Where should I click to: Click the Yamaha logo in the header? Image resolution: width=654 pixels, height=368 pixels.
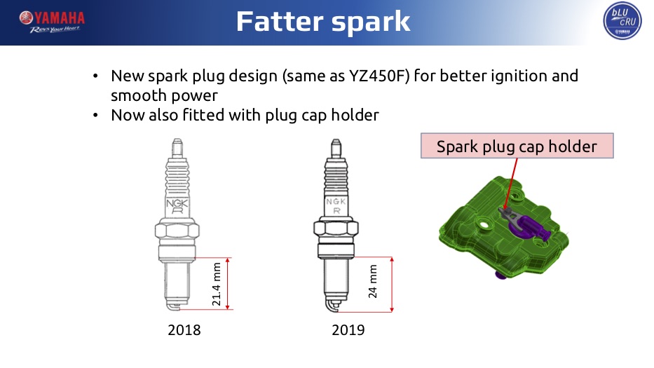52,22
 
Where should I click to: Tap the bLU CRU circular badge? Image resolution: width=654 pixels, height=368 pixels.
622,20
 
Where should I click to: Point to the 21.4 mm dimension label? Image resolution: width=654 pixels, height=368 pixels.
216,284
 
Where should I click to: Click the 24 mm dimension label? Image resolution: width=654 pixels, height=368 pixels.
372,281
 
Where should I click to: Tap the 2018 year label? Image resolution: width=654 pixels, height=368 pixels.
184,330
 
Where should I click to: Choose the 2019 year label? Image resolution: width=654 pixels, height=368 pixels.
348,330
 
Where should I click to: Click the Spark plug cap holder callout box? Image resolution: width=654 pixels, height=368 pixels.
517,146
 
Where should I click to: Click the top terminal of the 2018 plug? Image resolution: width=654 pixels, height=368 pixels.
177,148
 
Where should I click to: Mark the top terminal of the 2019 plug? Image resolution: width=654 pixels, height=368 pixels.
336,149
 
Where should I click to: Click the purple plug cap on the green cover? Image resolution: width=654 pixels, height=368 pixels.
531,228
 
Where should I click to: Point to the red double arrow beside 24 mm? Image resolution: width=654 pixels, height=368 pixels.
392,285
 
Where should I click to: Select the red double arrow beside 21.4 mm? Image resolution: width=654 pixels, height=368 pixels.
227,284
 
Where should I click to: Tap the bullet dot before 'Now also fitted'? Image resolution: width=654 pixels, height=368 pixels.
95,115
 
